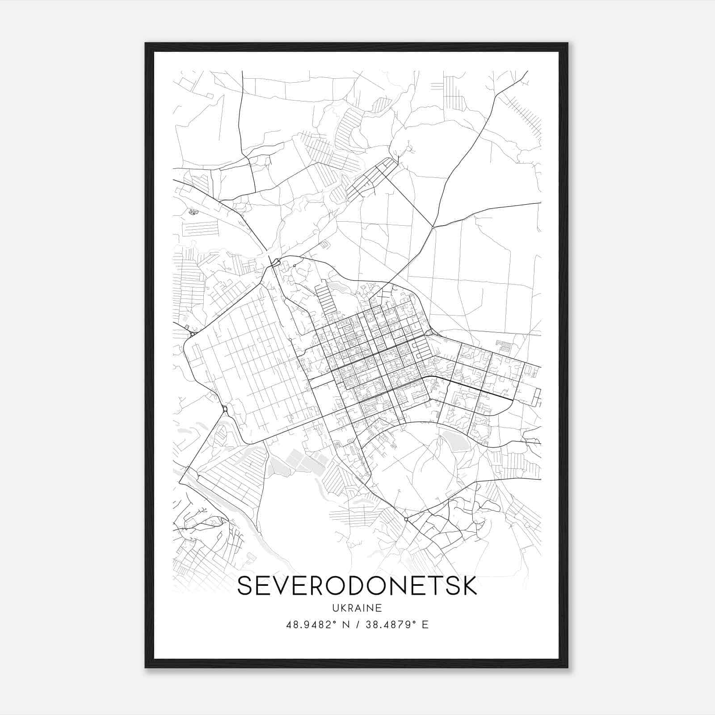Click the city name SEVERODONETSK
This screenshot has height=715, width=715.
tap(357, 586)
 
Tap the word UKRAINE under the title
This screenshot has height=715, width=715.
tap(357, 608)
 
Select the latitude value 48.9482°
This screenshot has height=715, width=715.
tap(311, 625)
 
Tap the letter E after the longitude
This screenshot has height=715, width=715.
tap(425, 625)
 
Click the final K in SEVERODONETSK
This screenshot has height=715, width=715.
tap(469, 586)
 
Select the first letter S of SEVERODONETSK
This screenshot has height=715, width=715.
tap(245, 586)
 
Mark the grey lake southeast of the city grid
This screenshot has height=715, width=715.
tap(455, 439)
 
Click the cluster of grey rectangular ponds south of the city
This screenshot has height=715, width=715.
tap(304, 460)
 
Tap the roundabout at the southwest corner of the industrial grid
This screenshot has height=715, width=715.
tap(225, 408)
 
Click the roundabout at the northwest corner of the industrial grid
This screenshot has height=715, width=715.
tap(193, 334)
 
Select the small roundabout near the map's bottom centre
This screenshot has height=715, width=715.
tap(406, 519)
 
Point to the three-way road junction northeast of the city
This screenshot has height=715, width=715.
tap(433, 227)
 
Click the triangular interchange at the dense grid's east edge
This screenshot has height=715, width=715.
tap(429, 332)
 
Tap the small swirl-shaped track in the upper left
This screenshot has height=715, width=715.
tap(193, 211)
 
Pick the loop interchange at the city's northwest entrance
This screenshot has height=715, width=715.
tap(276, 262)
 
